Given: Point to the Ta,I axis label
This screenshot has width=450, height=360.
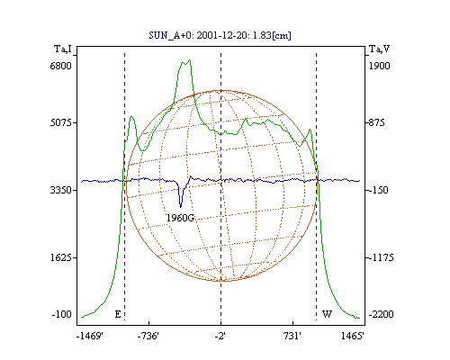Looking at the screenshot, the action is pyautogui.click(x=63, y=49).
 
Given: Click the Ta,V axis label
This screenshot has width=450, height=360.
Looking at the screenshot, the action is pyautogui.click(x=379, y=49).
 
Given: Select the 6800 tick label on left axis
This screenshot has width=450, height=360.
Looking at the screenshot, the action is pyautogui.click(x=61, y=66).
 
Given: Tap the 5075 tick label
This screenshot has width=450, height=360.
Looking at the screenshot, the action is pyautogui.click(x=61, y=122).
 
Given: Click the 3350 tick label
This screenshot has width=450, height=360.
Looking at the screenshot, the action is pyautogui.click(x=61, y=190).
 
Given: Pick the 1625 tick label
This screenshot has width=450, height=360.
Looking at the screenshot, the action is pyautogui.click(x=61, y=257).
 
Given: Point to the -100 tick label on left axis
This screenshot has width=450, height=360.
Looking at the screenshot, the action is pyautogui.click(x=62, y=314).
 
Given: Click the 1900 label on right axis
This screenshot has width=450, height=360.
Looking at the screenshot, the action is pyautogui.click(x=380, y=66).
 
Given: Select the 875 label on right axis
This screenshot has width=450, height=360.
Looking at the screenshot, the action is pyautogui.click(x=377, y=122).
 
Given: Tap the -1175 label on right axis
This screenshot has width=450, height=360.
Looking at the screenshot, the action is pyautogui.click(x=381, y=257).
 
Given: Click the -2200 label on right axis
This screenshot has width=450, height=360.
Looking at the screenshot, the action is pyautogui.click(x=381, y=314).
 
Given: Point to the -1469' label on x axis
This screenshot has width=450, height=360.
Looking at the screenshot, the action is pyautogui.click(x=90, y=336).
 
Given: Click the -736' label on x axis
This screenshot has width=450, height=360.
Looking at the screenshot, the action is pyautogui.click(x=148, y=336).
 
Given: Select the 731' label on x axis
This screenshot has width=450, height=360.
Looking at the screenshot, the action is pyautogui.click(x=292, y=336).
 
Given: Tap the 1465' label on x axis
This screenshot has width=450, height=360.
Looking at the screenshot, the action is pyautogui.click(x=353, y=336).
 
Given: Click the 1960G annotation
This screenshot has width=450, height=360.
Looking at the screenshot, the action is pyautogui.click(x=181, y=218).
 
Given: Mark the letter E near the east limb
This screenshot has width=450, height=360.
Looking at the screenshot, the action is pyautogui.click(x=118, y=314).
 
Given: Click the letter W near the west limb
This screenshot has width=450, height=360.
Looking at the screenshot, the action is pyautogui.click(x=327, y=314).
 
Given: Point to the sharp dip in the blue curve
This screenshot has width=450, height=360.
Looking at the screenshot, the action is pyautogui.click(x=180, y=207).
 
